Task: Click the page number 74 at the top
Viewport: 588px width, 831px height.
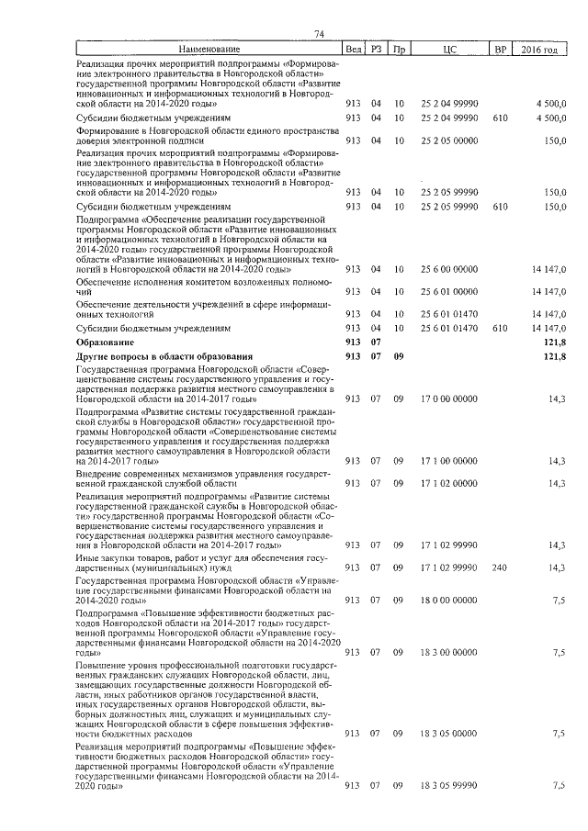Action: (x=320, y=34)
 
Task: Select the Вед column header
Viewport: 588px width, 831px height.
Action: (x=352, y=49)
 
